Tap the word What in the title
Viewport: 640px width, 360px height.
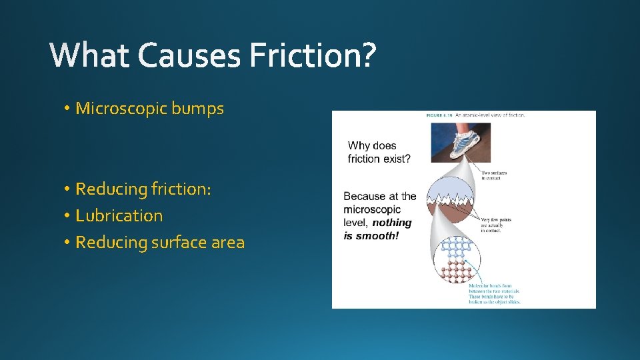coord(91,55)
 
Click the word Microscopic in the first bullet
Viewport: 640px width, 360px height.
coord(121,109)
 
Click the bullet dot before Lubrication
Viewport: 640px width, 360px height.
coord(68,216)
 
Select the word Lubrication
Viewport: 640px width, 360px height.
coord(119,216)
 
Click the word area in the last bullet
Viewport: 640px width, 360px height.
coord(228,243)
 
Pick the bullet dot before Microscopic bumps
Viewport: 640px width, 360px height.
coord(68,109)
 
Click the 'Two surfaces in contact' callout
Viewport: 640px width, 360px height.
coord(494,175)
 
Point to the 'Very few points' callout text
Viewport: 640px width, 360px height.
coord(494,223)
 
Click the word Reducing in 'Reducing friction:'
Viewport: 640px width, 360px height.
coord(111,189)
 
